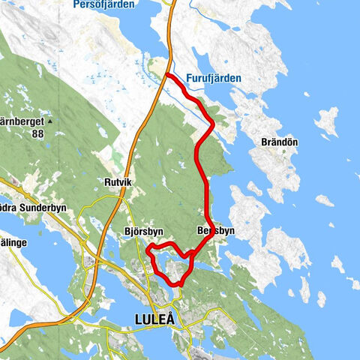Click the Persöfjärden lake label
(x=104, y=4)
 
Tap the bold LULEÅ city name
(x=154, y=319)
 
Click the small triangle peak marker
(x=49, y=121)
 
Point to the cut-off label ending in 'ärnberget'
(x=19, y=121)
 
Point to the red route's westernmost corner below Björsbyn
(x=148, y=249)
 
